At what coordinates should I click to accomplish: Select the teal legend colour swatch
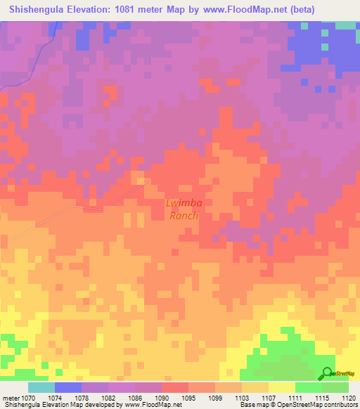pos(41,387)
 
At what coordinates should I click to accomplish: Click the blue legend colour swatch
pos(68,387)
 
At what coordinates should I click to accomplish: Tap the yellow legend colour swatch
pos(282,387)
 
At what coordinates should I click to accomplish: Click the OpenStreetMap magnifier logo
pos(326,373)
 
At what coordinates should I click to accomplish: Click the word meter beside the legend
pos(10,398)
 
